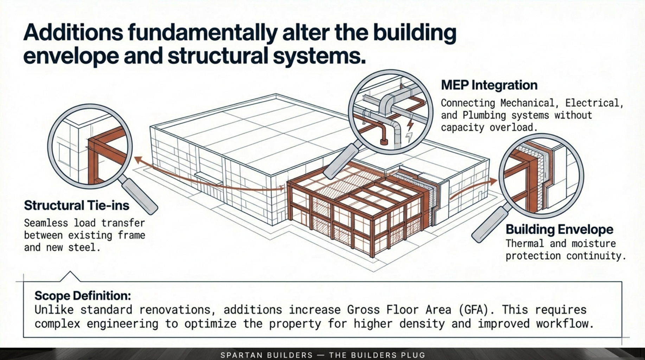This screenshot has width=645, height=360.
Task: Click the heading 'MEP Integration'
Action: (x=489, y=85)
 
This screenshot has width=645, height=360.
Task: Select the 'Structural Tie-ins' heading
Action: (x=76, y=205)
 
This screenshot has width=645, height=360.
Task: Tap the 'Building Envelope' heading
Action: (x=559, y=229)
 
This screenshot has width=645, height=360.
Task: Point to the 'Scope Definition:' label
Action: (x=82, y=296)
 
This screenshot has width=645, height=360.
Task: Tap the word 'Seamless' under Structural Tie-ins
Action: (x=46, y=223)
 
